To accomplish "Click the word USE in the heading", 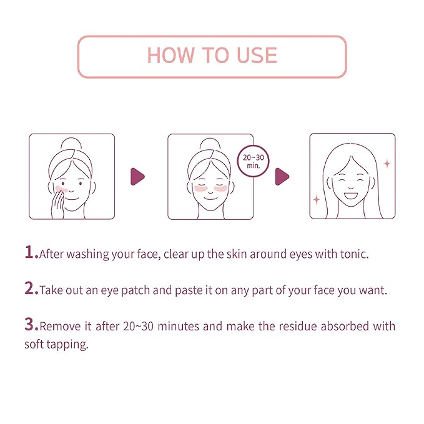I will [x=252, y=56].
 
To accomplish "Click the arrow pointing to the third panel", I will [x=282, y=177].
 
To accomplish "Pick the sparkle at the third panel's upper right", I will [x=387, y=164].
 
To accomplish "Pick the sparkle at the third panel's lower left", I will [x=317, y=200].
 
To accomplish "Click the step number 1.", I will [x=30, y=253].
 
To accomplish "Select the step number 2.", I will [x=30, y=290].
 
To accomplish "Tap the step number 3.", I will [x=30, y=325].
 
